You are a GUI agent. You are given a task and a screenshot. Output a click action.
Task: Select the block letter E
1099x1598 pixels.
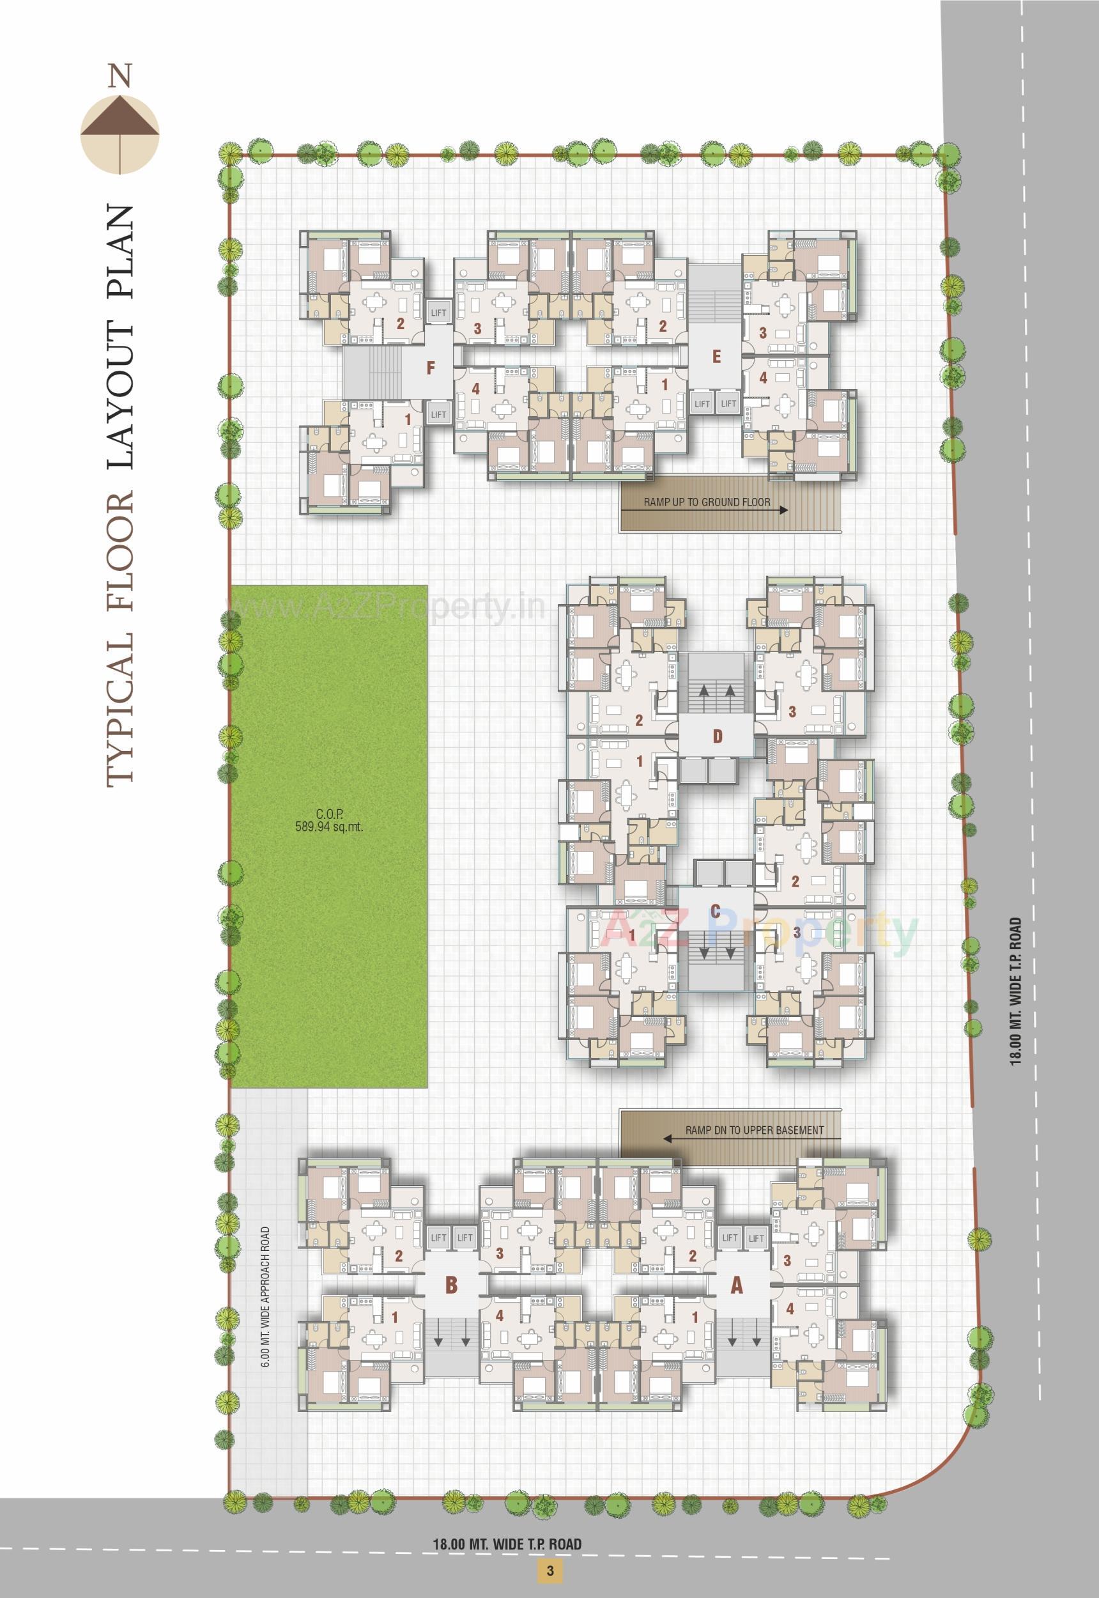(716, 356)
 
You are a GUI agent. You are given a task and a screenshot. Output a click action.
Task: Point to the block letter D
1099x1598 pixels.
(718, 736)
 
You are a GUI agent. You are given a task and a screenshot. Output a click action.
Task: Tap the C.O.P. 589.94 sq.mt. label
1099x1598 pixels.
(328, 821)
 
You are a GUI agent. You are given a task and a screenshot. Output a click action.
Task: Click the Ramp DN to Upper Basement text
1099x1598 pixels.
(754, 1130)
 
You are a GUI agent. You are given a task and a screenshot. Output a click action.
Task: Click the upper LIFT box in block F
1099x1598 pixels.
(438, 312)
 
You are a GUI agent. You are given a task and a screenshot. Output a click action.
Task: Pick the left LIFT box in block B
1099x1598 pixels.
(438, 1237)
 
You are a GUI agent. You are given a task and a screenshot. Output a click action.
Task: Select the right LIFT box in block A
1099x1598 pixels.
(756, 1237)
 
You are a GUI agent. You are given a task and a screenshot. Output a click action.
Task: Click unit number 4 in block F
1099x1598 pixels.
(476, 389)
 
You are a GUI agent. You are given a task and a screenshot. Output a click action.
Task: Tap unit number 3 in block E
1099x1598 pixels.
(762, 332)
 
